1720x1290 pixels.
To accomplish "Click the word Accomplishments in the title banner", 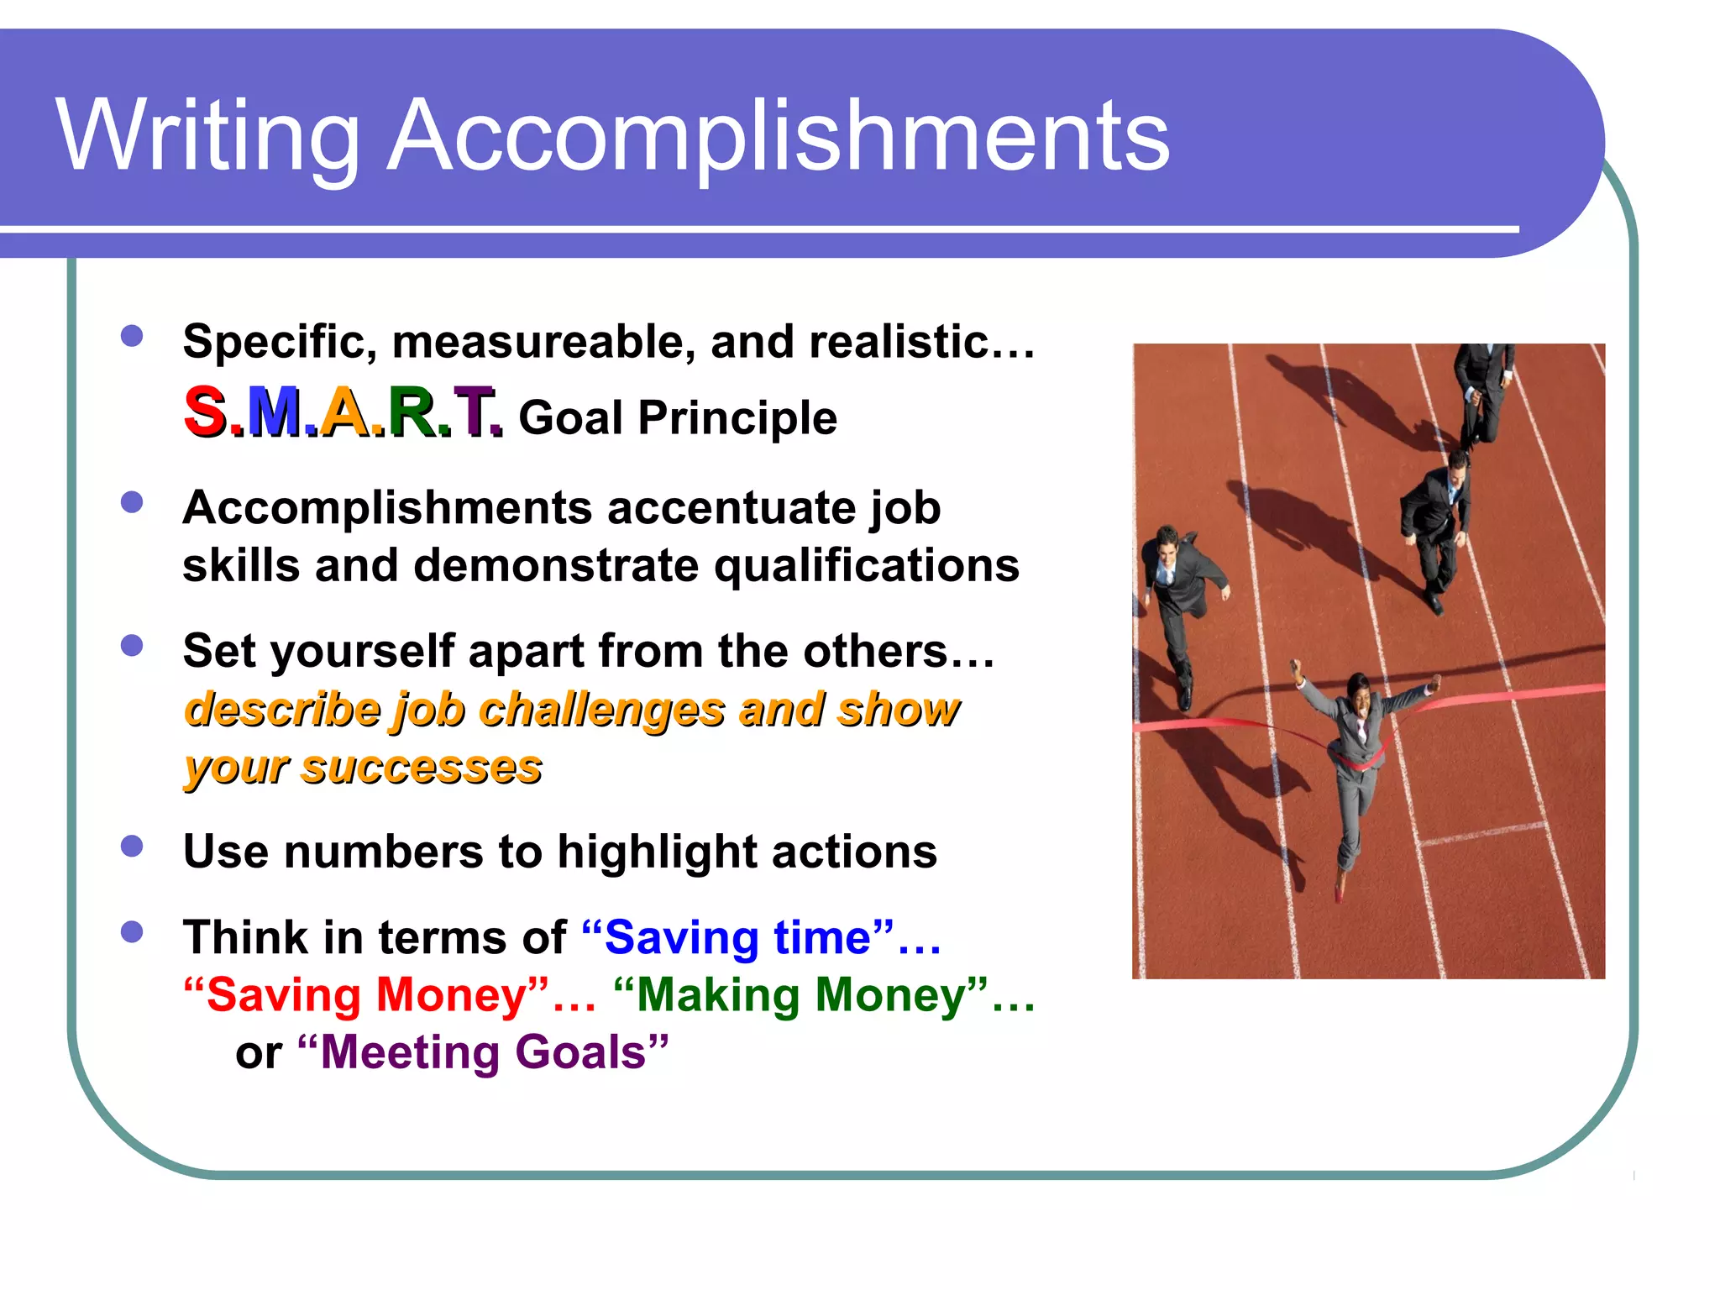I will (778, 136).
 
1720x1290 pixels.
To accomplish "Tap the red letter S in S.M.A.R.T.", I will (204, 412).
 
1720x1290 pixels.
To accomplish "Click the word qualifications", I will (867, 565).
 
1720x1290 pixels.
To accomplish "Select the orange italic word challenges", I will (601, 709).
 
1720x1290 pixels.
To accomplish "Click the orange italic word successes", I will (422, 767).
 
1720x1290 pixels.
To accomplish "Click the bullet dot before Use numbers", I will (132, 846).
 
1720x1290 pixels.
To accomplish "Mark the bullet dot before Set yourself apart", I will (132, 645).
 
